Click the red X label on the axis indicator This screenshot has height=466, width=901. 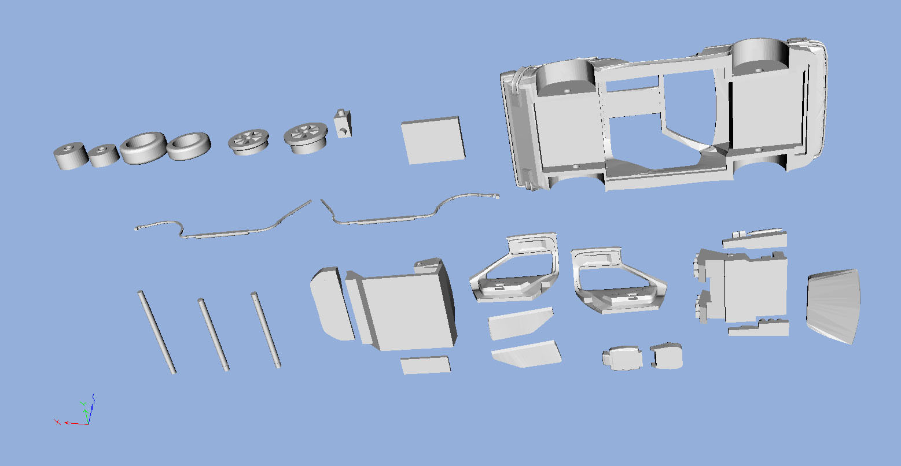tap(57, 421)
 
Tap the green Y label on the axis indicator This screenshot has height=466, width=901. tap(84, 404)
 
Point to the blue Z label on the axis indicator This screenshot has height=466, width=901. tap(93, 397)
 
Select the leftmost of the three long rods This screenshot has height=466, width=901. tap(156, 332)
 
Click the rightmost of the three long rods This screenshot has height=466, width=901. tap(266, 330)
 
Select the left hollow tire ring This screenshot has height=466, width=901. tap(144, 148)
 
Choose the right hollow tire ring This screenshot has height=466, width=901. tap(188, 146)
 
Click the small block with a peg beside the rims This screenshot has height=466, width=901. tap(343, 123)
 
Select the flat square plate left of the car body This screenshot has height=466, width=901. tap(433, 139)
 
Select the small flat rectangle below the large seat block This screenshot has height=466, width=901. tap(425, 365)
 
